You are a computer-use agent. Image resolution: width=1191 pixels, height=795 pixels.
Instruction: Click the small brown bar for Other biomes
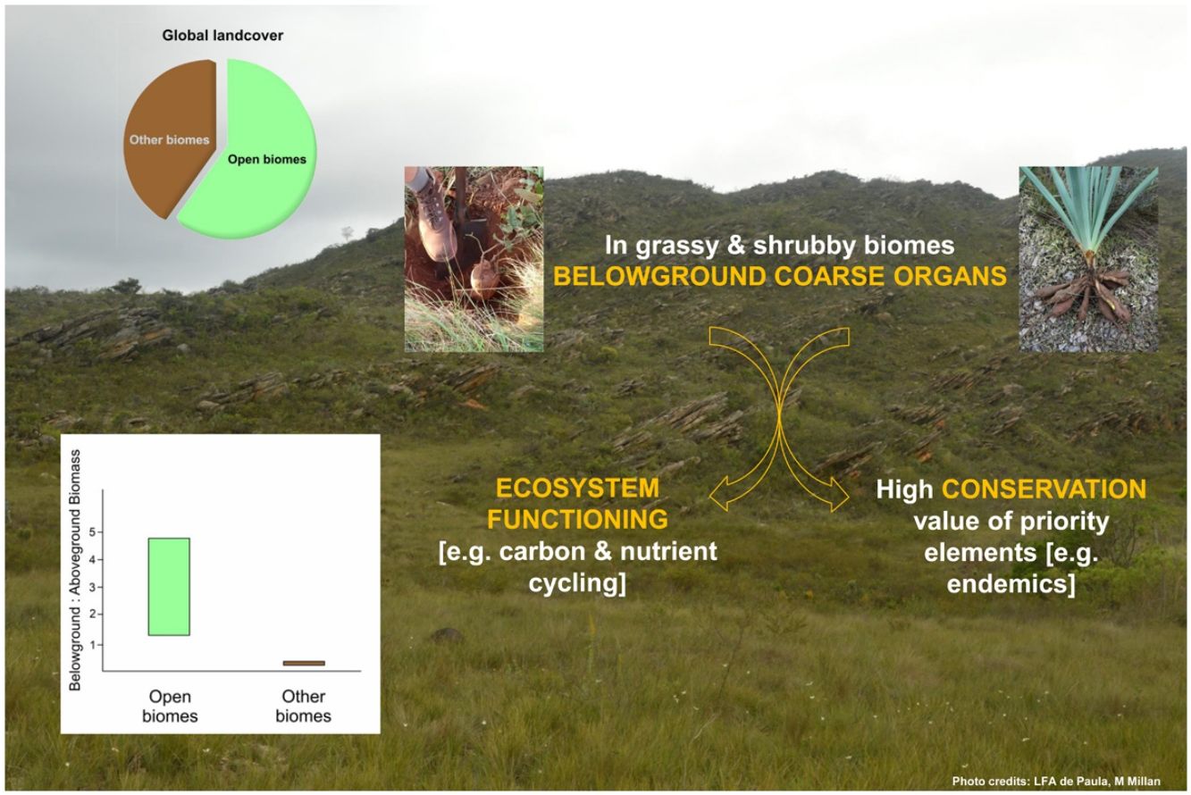click(x=304, y=663)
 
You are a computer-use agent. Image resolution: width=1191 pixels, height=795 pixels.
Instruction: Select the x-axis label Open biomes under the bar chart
click(x=170, y=706)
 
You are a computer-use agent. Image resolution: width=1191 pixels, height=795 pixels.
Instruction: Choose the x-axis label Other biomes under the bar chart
click(x=303, y=706)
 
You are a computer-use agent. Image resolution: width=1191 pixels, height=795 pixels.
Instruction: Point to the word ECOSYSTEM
click(x=577, y=489)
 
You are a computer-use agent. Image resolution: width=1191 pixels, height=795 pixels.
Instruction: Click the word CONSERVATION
click(x=1044, y=490)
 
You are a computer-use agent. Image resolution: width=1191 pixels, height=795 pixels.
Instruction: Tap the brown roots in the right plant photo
click(x=1086, y=290)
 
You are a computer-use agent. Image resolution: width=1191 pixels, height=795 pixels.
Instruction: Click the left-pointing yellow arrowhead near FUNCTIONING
click(x=717, y=492)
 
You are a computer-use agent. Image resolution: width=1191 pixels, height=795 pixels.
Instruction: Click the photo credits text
click(x=1067, y=782)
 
